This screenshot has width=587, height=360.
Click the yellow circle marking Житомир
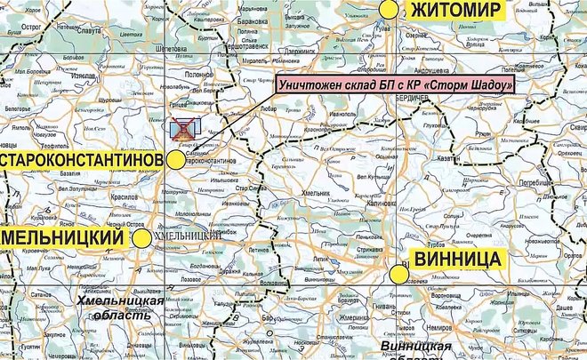(388, 9)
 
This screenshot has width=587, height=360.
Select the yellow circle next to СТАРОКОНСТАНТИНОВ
(176, 159)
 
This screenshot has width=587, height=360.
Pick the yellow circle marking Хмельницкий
(141, 238)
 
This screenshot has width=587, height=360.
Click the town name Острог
(32, 27)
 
